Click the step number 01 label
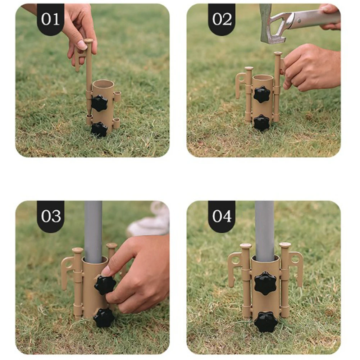(x=50, y=19)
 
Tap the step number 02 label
(x=222, y=19)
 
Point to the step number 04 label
(x=222, y=216)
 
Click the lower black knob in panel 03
(x=104, y=317)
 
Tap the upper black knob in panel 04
(x=265, y=284)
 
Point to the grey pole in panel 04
(x=264, y=231)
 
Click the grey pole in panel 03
(x=94, y=232)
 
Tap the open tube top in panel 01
(x=103, y=83)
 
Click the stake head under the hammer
(x=278, y=53)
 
